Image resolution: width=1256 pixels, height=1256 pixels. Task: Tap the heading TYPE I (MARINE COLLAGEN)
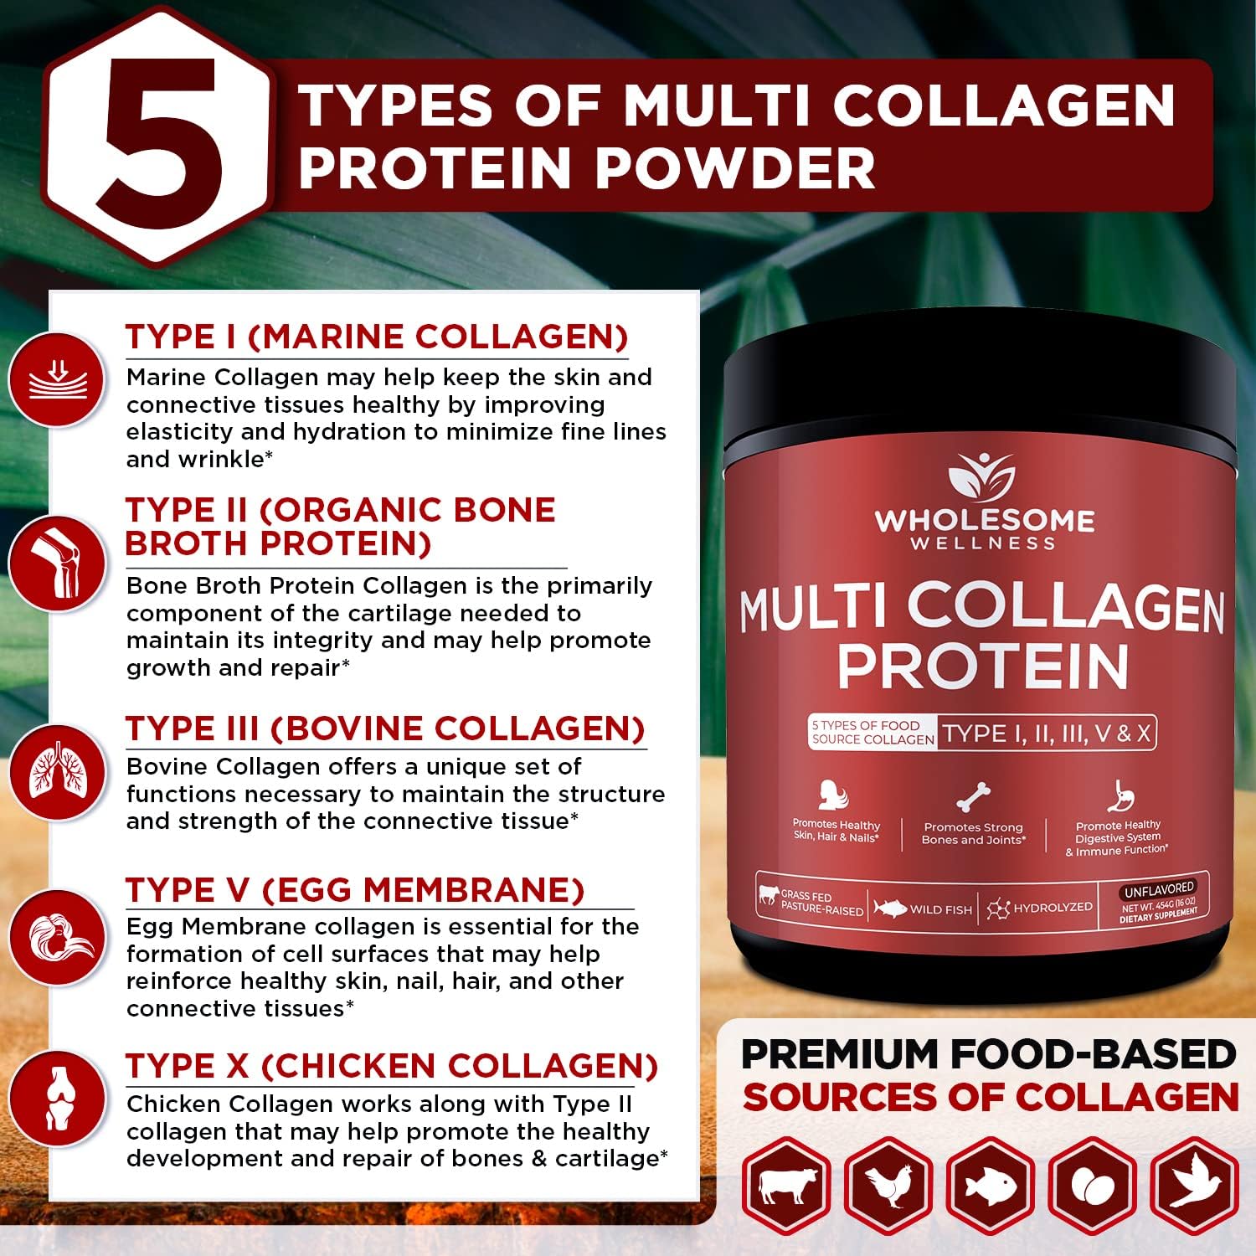377,337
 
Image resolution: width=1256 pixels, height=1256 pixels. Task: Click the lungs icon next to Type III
57,772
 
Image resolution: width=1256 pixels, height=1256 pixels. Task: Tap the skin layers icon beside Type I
57,378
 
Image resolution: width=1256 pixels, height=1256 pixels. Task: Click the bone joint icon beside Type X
57,1099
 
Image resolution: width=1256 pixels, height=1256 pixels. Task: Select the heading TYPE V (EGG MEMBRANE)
355,889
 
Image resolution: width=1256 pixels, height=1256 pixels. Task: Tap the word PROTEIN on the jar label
983,667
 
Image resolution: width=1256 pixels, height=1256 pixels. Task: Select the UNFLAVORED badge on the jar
1159,889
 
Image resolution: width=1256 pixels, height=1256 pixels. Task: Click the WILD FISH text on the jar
940,909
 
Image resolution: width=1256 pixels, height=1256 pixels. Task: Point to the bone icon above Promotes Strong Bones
973,797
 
